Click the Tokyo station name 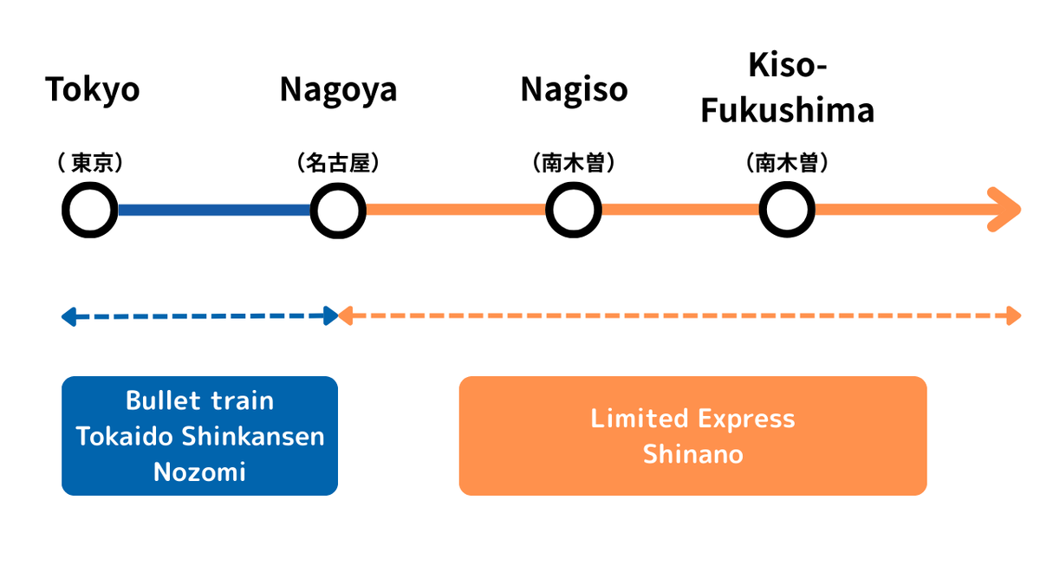[92, 90]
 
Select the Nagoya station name [338, 90]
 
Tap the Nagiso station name [574, 90]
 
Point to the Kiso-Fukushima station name [787, 88]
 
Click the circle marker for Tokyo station [90, 211]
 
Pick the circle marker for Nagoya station [339, 211]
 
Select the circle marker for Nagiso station [574, 211]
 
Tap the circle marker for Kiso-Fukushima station [787, 211]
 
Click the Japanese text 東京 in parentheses [92, 163]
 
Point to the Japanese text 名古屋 [338, 163]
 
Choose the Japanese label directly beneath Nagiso [574, 163]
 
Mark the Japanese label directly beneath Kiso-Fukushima [787, 163]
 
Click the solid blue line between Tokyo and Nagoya [214, 211]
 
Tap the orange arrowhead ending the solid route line [1005, 210]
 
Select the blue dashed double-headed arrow [199, 316]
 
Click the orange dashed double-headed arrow [680, 316]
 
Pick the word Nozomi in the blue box [199, 471]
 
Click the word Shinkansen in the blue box [254, 436]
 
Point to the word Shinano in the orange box [692, 454]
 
